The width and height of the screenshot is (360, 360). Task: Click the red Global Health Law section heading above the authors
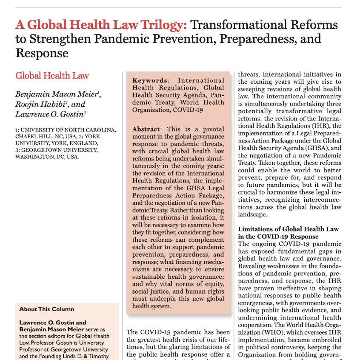click(x=52, y=76)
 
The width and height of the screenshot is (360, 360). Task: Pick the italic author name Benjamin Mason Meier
click(x=58, y=94)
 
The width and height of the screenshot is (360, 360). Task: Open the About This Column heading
click(x=47, y=309)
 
